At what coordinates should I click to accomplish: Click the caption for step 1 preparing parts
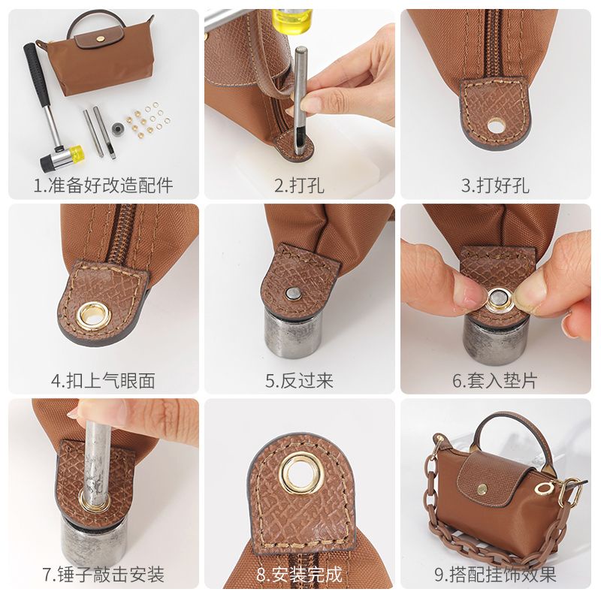click(x=103, y=185)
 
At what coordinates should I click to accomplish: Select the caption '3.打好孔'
click(x=495, y=185)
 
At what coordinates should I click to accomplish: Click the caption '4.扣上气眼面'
click(x=103, y=380)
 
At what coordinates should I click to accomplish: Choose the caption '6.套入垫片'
click(x=495, y=380)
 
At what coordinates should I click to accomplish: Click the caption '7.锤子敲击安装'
click(x=103, y=575)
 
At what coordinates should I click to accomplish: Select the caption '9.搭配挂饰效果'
click(x=495, y=575)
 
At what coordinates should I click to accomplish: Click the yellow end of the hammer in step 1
click(x=75, y=153)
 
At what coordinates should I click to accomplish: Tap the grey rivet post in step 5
click(x=292, y=291)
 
